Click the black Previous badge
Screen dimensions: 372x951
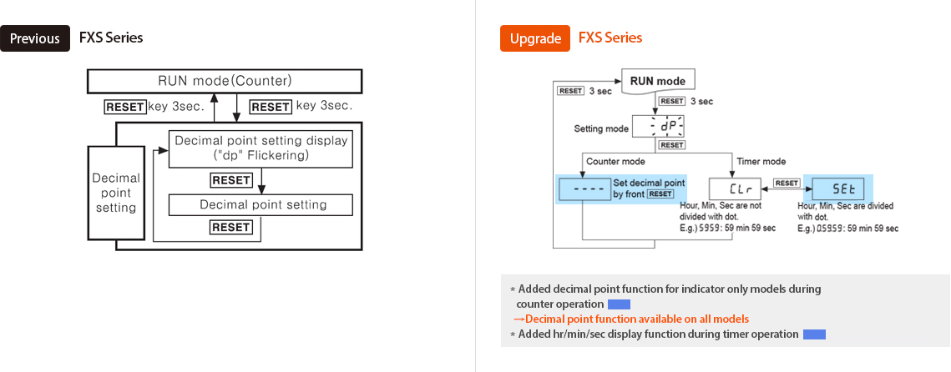coord(35,38)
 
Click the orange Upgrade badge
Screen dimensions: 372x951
coord(534,38)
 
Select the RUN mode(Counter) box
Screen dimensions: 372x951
coord(225,81)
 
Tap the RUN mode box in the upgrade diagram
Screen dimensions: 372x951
coord(658,81)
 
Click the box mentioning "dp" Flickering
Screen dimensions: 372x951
coord(261,148)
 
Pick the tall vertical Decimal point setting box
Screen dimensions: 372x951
coord(116,193)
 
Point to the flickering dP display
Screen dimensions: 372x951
coord(658,127)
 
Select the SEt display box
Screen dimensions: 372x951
coord(837,189)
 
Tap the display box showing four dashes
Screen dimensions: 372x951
coord(583,189)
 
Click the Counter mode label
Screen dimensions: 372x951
coord(615,161)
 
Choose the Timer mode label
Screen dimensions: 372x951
coord(761,161)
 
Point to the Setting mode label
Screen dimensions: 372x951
coord(601,129)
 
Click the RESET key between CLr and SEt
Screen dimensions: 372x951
coord(786,183)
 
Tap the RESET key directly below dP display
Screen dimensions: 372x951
coord(671,145)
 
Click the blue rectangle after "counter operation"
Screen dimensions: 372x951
coord(619,304)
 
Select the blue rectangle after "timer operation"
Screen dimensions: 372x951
coord(814,334)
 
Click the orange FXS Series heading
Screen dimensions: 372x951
coord(610,38)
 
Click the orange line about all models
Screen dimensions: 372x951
coord(631,319)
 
